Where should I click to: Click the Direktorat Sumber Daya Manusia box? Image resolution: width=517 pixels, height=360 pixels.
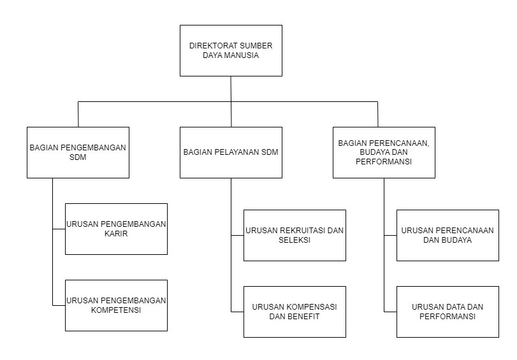(231, 50)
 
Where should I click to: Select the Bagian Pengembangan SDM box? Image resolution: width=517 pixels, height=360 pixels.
(78, 152)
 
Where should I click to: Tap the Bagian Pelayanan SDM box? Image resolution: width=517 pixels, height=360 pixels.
(231, 152)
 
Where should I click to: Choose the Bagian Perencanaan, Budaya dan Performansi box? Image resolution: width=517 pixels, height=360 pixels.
(384, 152)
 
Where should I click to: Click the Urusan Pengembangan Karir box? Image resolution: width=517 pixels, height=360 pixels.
(116, 229)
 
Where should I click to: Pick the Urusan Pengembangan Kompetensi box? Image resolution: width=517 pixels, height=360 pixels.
(116, 305)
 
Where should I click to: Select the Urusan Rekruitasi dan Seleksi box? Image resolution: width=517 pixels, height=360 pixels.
(295, 235)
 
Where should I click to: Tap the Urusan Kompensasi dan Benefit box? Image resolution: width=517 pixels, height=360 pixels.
(295, 312)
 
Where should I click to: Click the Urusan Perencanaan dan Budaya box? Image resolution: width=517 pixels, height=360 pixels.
(448, 235)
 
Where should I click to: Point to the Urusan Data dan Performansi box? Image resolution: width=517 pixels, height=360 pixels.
(448, 312)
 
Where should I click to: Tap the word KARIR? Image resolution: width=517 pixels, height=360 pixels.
(116, 234)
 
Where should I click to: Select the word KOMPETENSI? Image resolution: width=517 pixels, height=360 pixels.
(116, 310)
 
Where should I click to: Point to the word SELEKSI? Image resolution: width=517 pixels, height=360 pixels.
(295, 240)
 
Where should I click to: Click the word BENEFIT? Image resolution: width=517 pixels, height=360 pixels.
(303, 317)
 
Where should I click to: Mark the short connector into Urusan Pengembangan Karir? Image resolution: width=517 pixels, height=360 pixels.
(59, 229)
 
